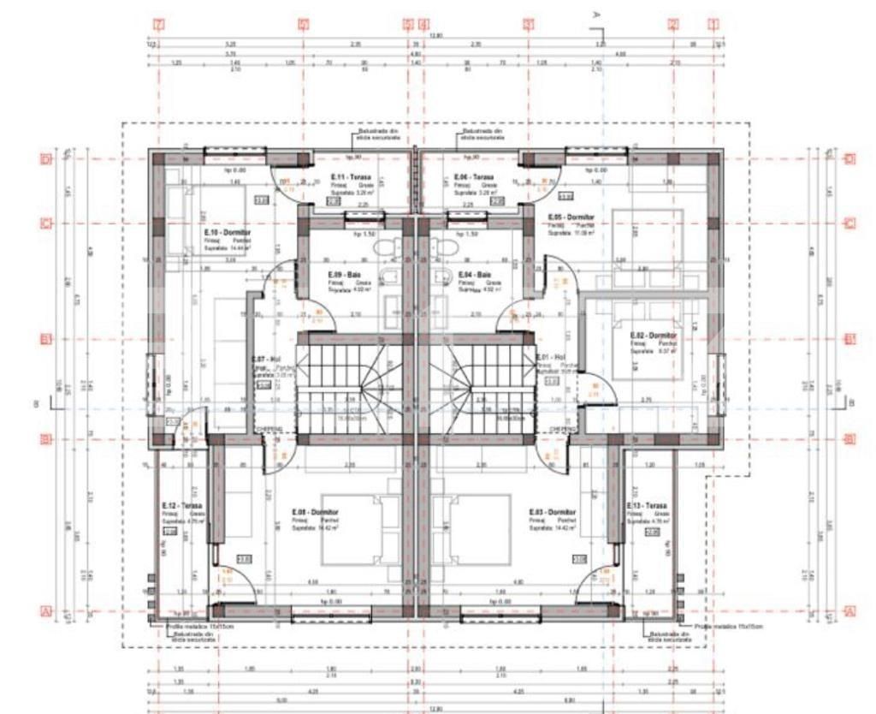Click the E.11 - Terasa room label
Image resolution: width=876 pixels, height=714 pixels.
coord(349,177)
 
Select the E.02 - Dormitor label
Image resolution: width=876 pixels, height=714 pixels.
coord(653,335)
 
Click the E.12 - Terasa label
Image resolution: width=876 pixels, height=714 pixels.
coord(181,506)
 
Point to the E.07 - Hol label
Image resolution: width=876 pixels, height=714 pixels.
coord(265,360)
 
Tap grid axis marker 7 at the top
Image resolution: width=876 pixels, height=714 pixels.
coord(158,23)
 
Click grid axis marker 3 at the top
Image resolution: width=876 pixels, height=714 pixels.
coord(529,23)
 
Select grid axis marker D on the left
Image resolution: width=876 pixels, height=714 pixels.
coord(47,158)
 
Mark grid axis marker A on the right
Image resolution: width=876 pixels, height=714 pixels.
coord(849,611)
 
